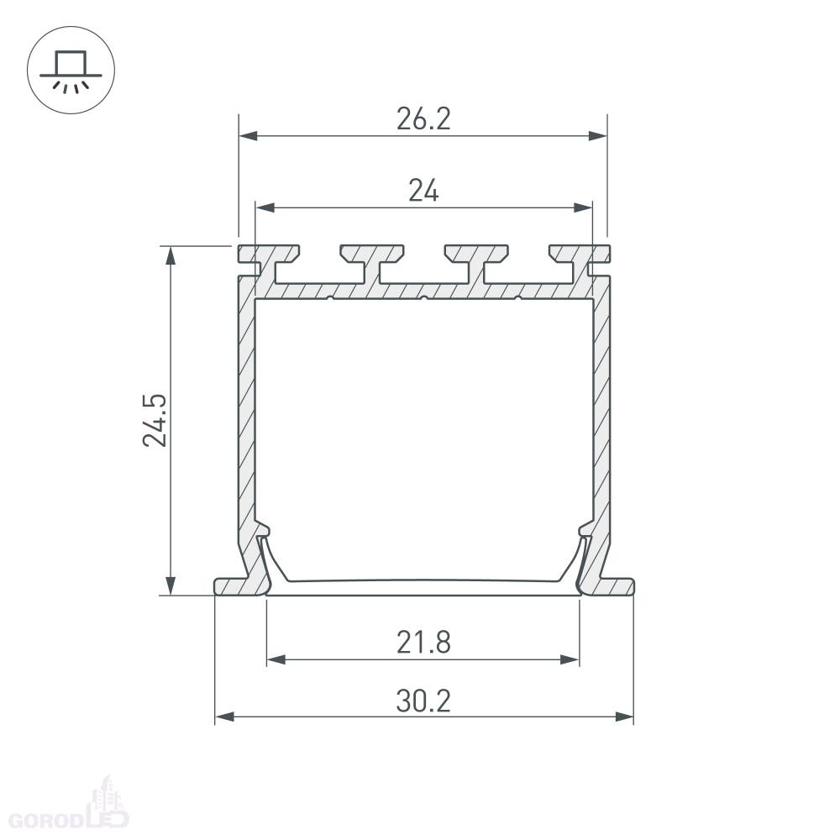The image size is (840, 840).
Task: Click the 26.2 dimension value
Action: pos(423,119)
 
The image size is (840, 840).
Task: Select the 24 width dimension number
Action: pos(423,191)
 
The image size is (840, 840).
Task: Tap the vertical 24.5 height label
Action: pos(155,421)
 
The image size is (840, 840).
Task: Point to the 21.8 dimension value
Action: pos(423,643)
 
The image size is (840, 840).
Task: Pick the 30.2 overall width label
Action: pos(423,701)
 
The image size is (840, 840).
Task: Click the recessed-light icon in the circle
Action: pos(71,71)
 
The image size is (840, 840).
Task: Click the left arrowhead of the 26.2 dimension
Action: pos(249,135)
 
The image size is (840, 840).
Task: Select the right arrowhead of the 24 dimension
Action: pos(583,207)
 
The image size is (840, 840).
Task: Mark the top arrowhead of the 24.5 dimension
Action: pos(171,255)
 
